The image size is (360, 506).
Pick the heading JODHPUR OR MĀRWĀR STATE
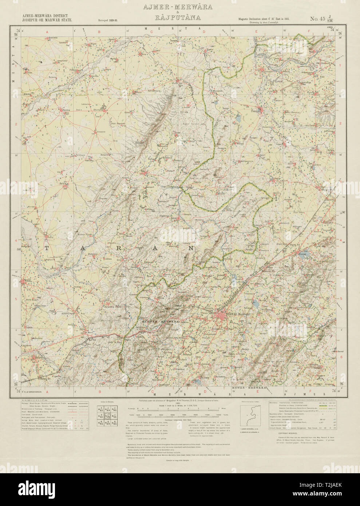(x=47, y=21)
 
